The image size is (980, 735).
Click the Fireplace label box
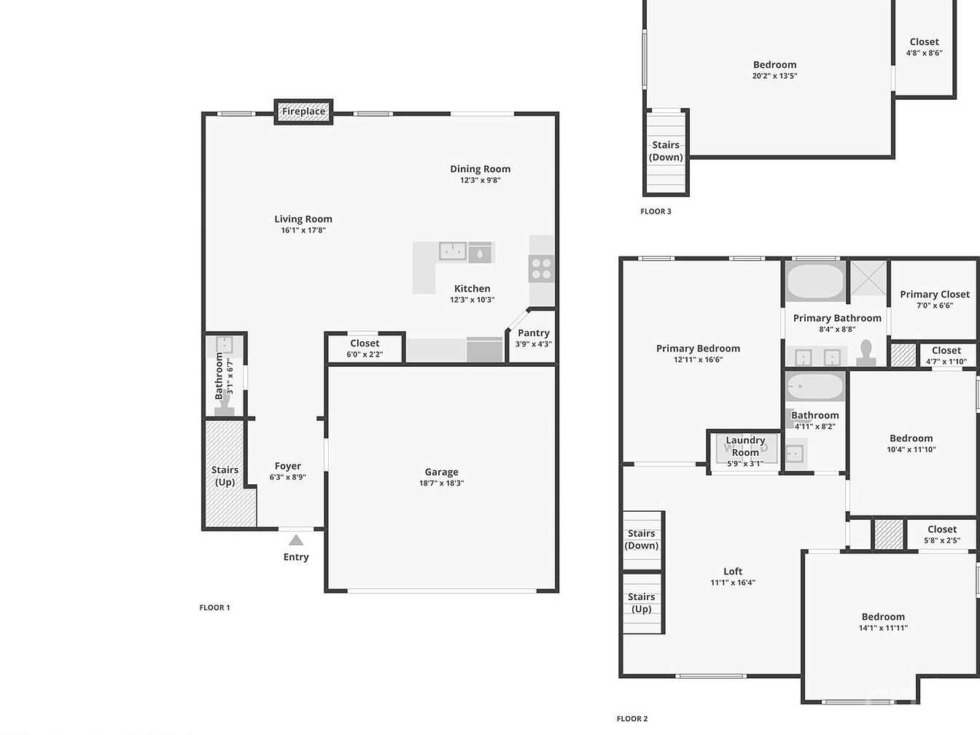[x=303, y=112]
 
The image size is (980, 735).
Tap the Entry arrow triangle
[x=296, y=540]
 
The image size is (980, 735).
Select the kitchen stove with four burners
[x=541, y=268]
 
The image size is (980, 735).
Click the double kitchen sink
[x=453, y=251]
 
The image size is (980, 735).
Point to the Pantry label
[x=534, y=333]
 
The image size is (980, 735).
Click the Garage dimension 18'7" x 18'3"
[x=442, y=483]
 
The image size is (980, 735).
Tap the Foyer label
[x=288, y=466]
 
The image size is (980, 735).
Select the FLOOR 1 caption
[x=215, y=607]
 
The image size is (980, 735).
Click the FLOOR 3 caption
[x=656, y=211]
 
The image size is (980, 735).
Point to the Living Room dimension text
[x=303, y=230]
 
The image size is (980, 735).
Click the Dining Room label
[x=481, y=169]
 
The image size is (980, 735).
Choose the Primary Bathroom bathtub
[x=815, y=281]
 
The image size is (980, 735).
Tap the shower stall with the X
[x=868, y=279]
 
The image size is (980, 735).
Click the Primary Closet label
[x=935, y=295]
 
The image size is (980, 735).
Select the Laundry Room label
[x=745, y=446]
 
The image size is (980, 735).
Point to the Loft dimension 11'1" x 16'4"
[x=733, y=583]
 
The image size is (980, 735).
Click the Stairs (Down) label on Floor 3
[x=666, y=151]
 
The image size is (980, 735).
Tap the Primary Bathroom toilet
[x=866, y=353]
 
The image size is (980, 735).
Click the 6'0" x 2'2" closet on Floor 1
[x=365, y=348]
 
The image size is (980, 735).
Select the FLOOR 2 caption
[x=632, y=718]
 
